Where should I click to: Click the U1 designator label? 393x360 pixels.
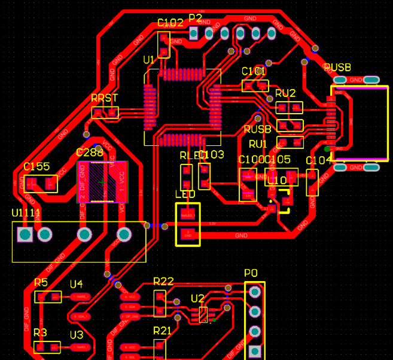click(148, 60)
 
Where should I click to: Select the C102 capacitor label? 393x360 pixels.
click(170, 23)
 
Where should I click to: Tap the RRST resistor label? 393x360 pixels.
click(104, 98)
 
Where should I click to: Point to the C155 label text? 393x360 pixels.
click(36, 167)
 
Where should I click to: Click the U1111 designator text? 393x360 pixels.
click(26, 213)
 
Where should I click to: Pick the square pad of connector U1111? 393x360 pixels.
click(25, 234)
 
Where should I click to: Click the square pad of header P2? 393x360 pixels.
click(194, 33)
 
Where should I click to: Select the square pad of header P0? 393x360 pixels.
click(255, 350)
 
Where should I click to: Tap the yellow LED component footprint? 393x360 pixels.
click(188, 224)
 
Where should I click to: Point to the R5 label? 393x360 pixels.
click(41, 283)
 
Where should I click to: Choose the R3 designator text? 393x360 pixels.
click(40, 332)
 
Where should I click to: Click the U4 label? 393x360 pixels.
click(77, 284)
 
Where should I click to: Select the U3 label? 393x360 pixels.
click(77, 335)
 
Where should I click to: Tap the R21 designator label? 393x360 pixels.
click(162, 331)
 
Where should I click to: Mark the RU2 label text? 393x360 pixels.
click(285, 93)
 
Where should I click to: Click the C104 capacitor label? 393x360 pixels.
click(318, 160)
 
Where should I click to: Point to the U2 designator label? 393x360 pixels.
click(197, 298)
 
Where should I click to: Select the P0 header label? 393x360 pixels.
click(251, 273)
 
